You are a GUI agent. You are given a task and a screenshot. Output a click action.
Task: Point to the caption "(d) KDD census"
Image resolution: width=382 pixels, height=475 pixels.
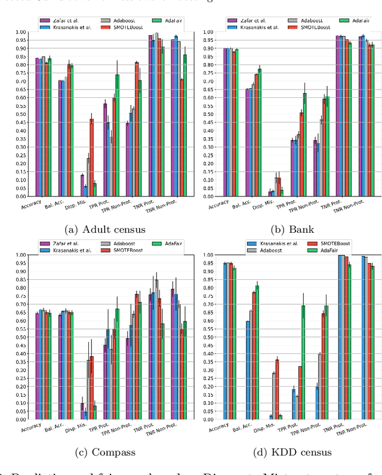(285, 452)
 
